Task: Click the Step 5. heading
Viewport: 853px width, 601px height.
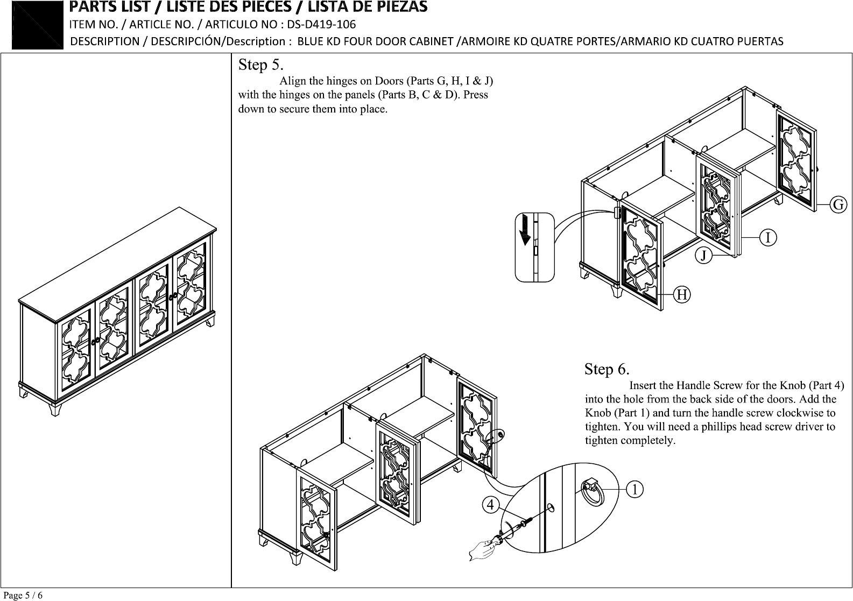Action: click(x=261, y=65)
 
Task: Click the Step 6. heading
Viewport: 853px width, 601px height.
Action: click(x=607, y=369)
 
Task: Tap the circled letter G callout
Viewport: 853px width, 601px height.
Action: click(x=838, y=205)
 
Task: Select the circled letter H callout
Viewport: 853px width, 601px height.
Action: click(x=682, y=295)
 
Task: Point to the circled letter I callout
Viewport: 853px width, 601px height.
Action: click(x=767, y=238)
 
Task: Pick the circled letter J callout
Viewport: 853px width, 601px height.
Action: click(x=703, y=255)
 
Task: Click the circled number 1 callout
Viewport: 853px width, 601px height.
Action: click(x=635, y=489)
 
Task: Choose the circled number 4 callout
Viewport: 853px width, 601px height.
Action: click(x=490, y=505)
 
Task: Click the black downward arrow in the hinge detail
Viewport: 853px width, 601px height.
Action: click(x=525, y=230)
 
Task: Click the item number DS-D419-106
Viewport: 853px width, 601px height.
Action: click(x=321, y=24)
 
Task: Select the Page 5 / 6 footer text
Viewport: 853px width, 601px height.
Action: click(x=23, y=595)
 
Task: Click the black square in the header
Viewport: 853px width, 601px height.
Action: click(x=37, y=25)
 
